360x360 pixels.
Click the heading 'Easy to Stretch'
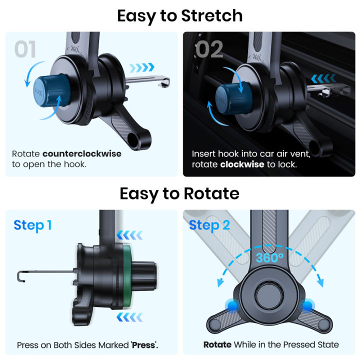click(x=180, y=15)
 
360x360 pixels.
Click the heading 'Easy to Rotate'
click(x=180, y=193)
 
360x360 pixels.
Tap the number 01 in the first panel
click(x=25, y=50)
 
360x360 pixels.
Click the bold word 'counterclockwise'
click(x=82, y=154)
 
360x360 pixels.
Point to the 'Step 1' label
click(x=32, y=225)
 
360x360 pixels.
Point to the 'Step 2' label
click(x=209, y=225)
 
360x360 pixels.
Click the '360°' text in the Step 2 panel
click(x=269, y=258)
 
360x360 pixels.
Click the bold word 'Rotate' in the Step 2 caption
click(x=217, y=344)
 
